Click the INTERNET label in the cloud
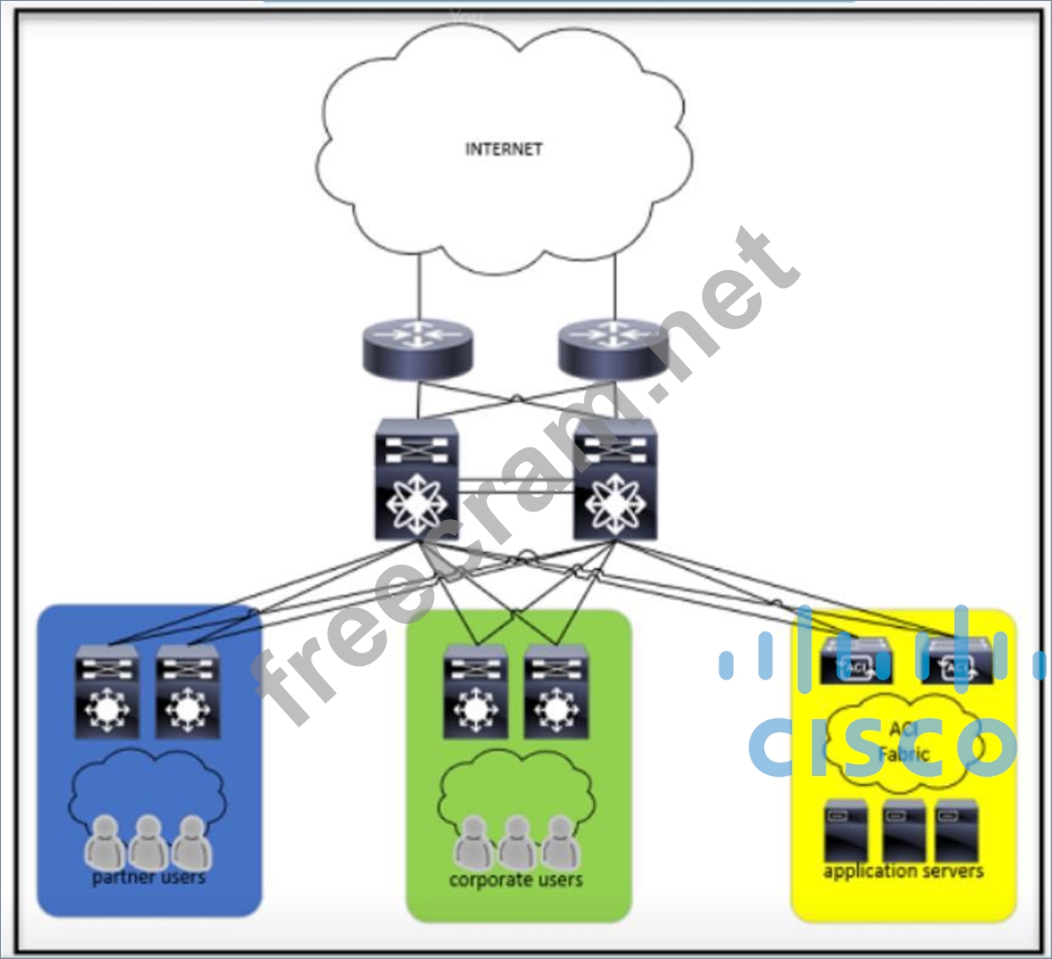[504, 149]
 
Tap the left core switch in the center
[416, 479]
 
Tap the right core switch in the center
[614, 479]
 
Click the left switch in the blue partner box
[107, 691]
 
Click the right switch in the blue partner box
[187, 691]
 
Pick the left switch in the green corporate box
[475, 691]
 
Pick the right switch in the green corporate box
[556, 691]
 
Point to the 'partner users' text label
[149, 878]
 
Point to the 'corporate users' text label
[516, 880]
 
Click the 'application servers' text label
[903, 871]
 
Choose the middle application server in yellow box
[903, 831]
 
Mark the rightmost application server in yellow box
[957, 831]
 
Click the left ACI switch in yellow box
[854, 662]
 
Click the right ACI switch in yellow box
[956, 664]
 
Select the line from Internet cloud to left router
[419, 287]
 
